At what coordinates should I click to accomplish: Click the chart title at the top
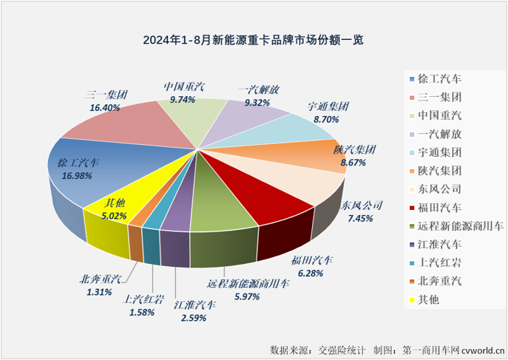254,38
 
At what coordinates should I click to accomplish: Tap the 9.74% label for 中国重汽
180,98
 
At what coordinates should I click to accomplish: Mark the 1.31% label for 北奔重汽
98,291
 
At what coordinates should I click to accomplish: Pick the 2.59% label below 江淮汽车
191,317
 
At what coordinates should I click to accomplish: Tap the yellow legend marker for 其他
410,300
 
